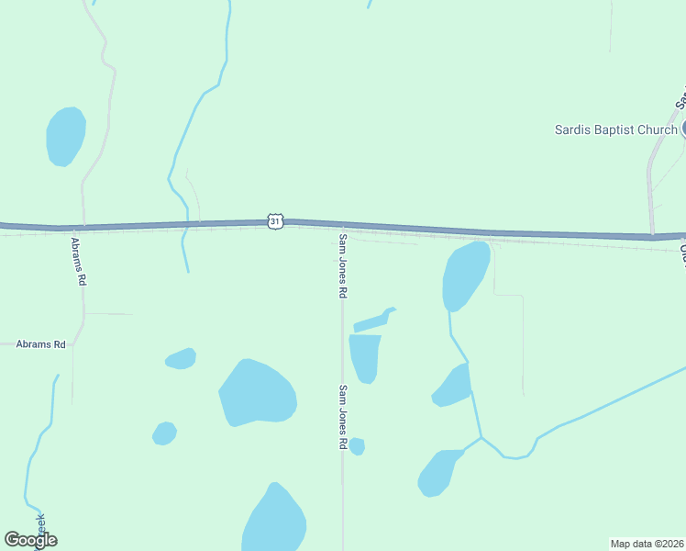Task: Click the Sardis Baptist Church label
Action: click(615, 129)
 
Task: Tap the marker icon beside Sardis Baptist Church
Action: click(683, 129)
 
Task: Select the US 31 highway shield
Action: click(276, 221)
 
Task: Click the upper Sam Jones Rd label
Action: click(343, 265)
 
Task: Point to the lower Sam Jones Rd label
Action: click(343, 417)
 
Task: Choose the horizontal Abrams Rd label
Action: click(40, 344)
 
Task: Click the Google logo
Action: click(30, 540)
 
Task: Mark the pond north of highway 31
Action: click(65, 137)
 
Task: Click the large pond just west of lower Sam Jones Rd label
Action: click(258, 393)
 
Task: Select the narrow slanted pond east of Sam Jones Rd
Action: click(373, 320)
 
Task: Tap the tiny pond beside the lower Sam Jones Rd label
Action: click(357, 446)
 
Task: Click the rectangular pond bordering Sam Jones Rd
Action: click(365, 356)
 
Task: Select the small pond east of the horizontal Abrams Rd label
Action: click(181, 358)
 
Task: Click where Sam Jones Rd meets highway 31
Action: click(343, 225)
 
